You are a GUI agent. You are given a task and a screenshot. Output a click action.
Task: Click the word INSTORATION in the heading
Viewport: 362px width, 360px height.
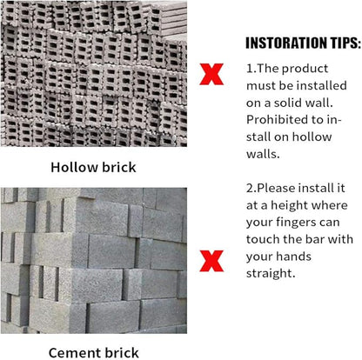[283, 43]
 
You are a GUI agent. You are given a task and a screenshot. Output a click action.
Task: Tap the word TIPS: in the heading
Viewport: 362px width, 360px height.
[341, 43]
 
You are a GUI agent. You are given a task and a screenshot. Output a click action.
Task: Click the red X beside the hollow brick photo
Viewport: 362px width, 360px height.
[211, 74]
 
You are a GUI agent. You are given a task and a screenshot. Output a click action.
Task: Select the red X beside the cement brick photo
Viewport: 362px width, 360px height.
[211, 261]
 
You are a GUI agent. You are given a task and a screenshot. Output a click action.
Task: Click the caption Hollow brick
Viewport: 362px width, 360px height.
[93, 167]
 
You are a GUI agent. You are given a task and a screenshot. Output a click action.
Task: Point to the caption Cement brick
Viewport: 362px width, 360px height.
[93, 353]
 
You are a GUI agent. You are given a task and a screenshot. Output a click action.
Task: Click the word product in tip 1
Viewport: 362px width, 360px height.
[305, 69]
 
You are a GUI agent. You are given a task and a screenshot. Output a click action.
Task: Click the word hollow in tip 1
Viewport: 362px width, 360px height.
[312, 137]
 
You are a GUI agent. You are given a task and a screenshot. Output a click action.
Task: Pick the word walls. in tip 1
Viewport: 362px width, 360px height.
[263, 154]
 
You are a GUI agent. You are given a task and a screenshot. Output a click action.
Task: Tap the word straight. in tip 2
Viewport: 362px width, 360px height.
[271, 274]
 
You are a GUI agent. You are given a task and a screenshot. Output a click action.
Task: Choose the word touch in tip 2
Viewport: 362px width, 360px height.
[263, 239]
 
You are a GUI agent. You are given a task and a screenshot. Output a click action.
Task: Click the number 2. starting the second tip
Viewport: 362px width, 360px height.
[251, 189]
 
